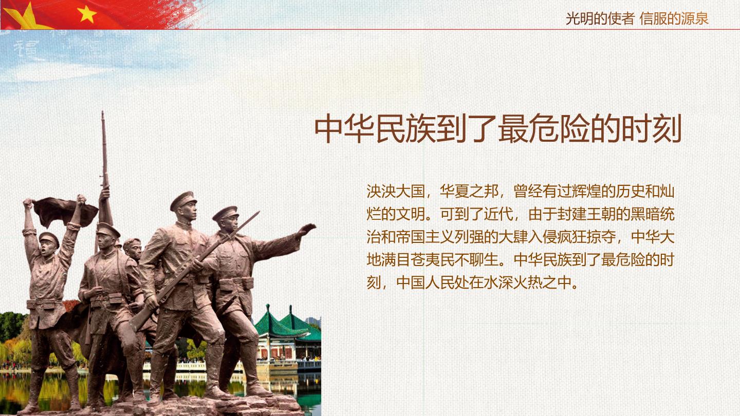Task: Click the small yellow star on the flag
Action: tap(86, 14)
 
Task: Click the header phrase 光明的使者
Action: tap(600, 18)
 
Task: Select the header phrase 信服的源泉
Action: tap(674, 18)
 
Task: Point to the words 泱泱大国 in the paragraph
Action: tap(396, 192)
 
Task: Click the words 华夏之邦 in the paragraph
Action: tap(469, 192)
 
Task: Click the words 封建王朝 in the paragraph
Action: tap(586, 214)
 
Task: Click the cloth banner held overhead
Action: tap(64, 211)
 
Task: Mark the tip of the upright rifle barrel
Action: tap(103, 111)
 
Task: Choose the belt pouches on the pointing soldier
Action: tap(236, 284)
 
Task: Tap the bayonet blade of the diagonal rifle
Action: tap(245, 224)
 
